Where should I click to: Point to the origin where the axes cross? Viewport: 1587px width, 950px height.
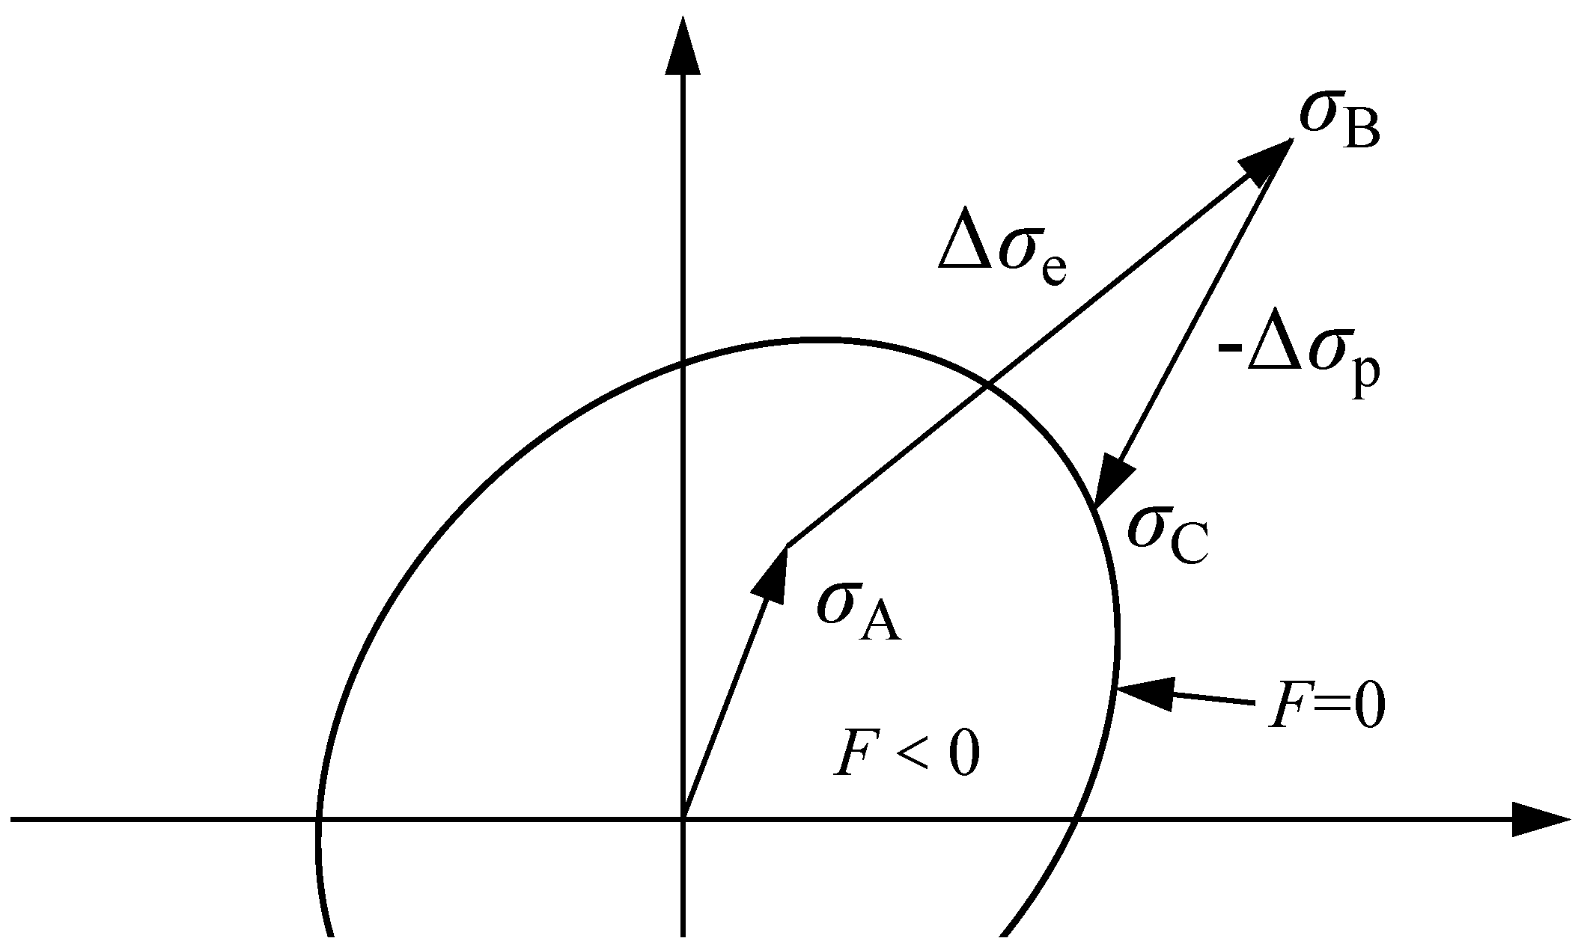[x=683, y=820]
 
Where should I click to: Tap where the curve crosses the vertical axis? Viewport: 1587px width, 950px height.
[x=683, y=365]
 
